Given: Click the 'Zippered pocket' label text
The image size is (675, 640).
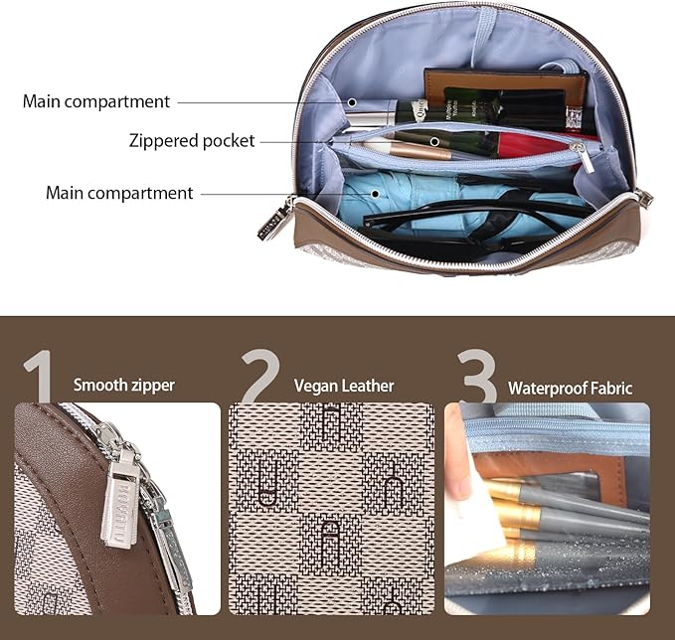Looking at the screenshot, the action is click(x=192, y=141).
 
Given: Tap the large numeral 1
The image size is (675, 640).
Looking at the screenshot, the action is click(x=40, y=376).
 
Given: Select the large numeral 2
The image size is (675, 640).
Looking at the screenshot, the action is click(x=260, y=376).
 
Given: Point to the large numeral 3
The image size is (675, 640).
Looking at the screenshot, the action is click(x=477, y=376).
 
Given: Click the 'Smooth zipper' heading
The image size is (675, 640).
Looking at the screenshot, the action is click(x=124, y=385).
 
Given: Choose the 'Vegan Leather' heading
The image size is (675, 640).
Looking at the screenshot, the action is click(x=344, y=386).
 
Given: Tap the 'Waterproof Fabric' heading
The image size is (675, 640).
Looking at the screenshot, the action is click(x=570, y=389).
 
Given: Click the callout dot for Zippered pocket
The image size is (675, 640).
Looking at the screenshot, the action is click(x=434, y=141).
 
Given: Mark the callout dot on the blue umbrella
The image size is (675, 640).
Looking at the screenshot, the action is click(x=375, y=194).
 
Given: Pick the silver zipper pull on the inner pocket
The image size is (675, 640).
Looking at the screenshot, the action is click(x=585, y=158).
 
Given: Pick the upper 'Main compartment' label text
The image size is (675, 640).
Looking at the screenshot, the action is click(x=96, y=102).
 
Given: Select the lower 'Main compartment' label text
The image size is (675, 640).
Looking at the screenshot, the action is click(x=119, y=193).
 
